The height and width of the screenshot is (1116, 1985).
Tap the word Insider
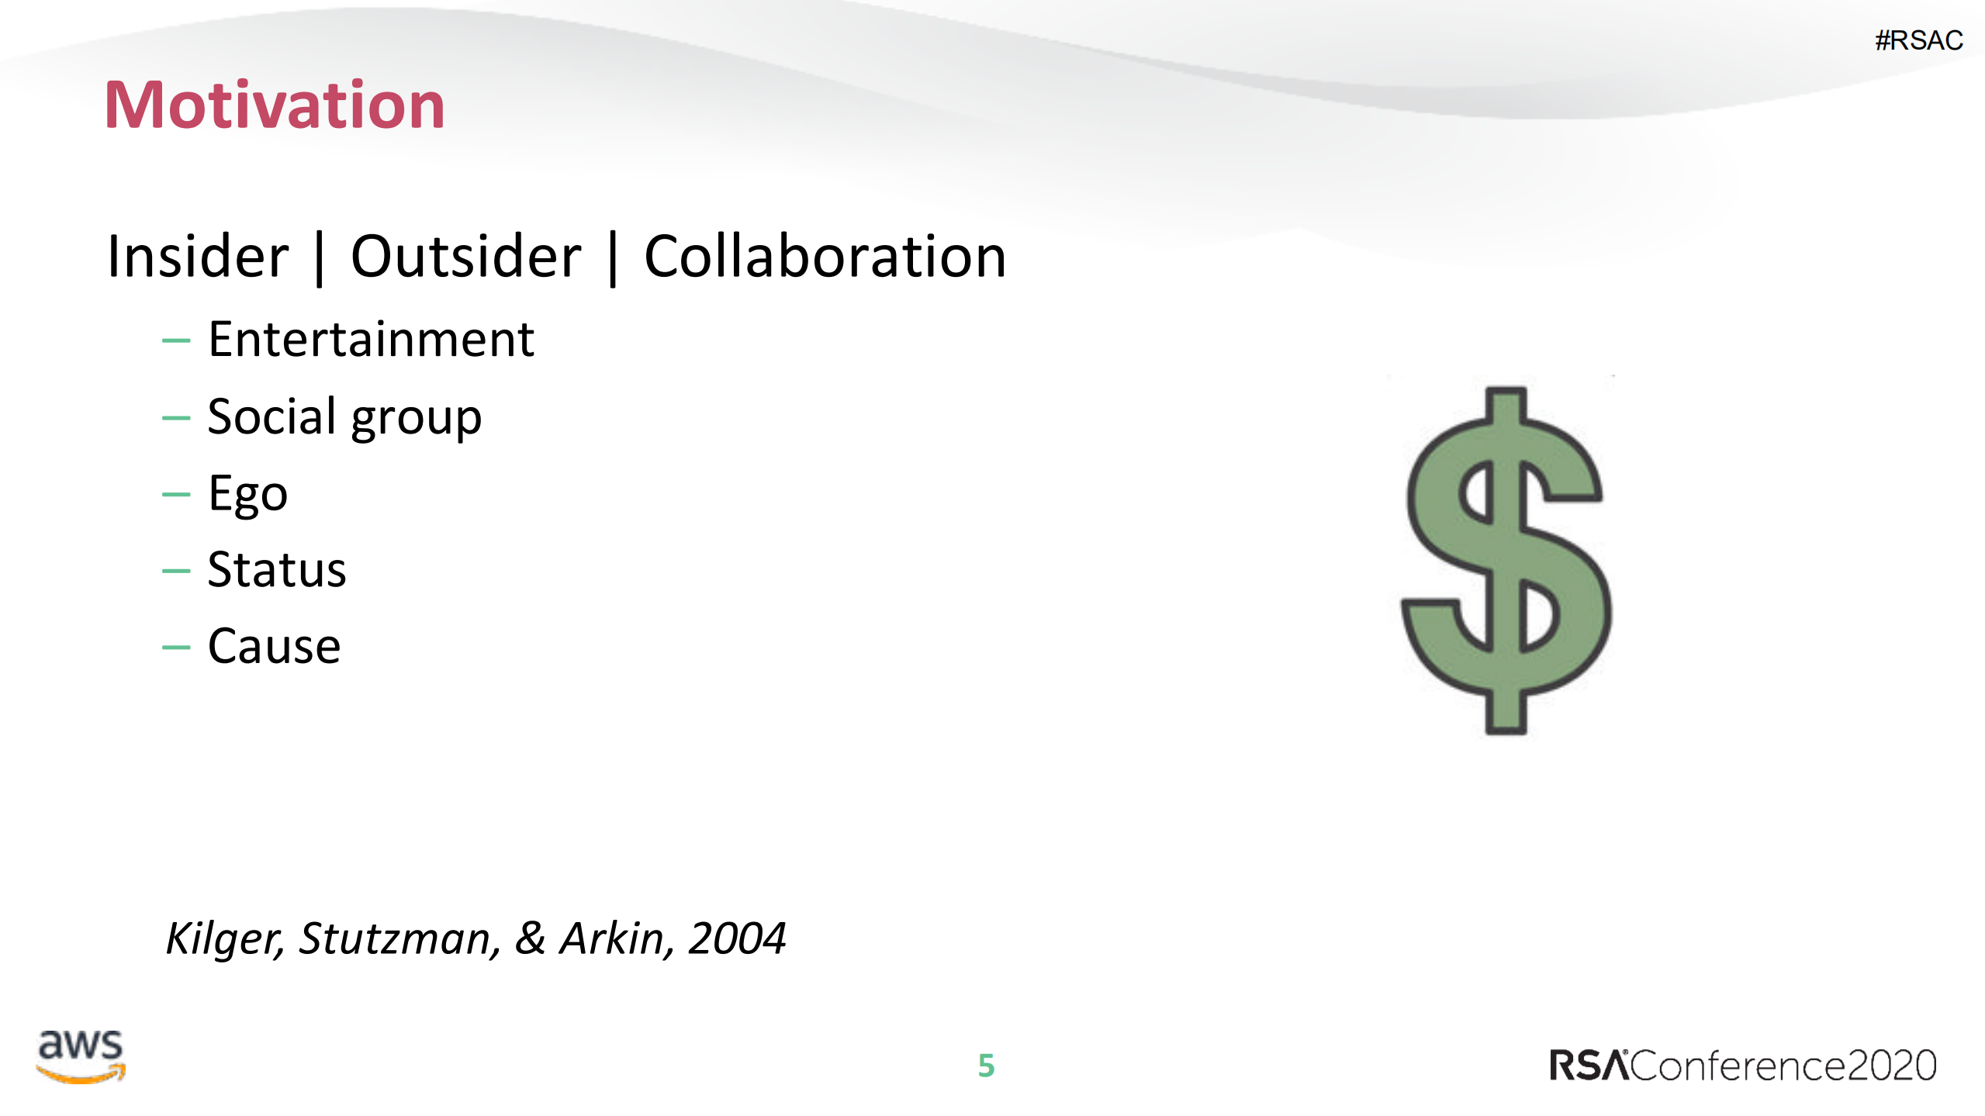click(198, 257)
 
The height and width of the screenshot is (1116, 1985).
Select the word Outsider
click(465, 257)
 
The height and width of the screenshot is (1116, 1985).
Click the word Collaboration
click(825, 257)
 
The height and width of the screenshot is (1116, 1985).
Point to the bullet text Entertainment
click(371, 340)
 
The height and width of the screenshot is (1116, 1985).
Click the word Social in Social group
click(272, 416)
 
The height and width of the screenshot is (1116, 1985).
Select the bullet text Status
click(276, 570)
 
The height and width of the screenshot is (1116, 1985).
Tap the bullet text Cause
click(274, 646)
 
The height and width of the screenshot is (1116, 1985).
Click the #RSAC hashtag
click(1918, 40)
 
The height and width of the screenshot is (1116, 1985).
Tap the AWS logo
click(81, 1056)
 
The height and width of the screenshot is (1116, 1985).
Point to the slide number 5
click(986, 1066)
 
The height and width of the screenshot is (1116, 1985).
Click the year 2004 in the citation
click(737, 938)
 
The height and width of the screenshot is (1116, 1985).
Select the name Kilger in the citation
click(224, 938)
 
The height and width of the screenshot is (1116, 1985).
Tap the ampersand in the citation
click(531, 938)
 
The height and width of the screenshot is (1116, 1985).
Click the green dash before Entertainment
click(176, 340)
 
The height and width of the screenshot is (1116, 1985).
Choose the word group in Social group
click(416, 420)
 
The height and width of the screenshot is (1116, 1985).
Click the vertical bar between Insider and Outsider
click(319, 258)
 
